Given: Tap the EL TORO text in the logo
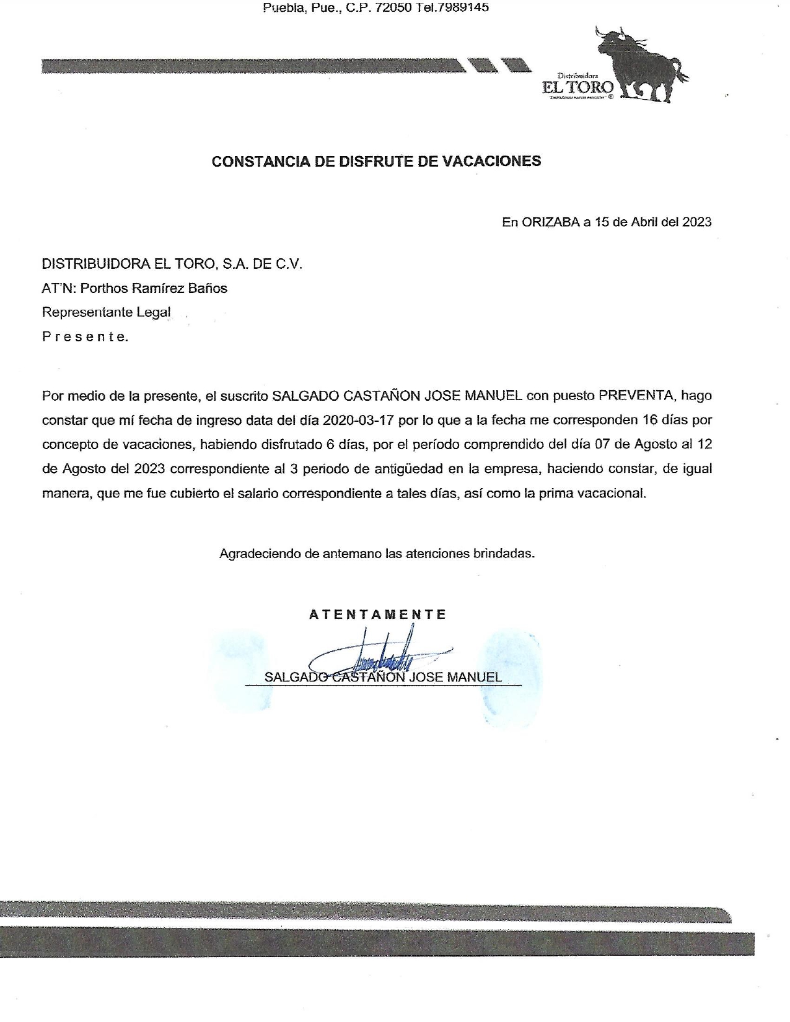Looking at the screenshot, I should pos(577,87).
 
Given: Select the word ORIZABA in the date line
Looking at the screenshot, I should pos(550,222).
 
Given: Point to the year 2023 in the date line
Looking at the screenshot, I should pos(697,222).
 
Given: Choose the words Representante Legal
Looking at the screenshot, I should pos(106,312).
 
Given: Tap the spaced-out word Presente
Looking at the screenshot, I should pos(85,337).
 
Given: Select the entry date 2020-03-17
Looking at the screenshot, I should pos(359,420).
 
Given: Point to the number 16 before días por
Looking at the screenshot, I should pos(650,420).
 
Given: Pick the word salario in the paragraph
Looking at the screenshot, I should pos(262,494).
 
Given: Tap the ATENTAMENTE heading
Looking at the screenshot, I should pos(377,614).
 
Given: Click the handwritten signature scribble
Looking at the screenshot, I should pos(384,655).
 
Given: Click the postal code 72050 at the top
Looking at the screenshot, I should pos(394,7).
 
